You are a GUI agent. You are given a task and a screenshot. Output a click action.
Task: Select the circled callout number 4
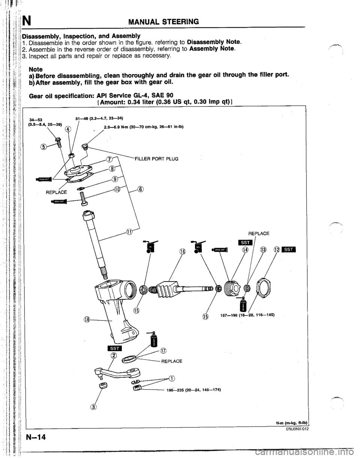pos(68,130)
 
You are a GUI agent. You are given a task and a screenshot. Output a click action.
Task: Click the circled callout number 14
pos(245,250)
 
